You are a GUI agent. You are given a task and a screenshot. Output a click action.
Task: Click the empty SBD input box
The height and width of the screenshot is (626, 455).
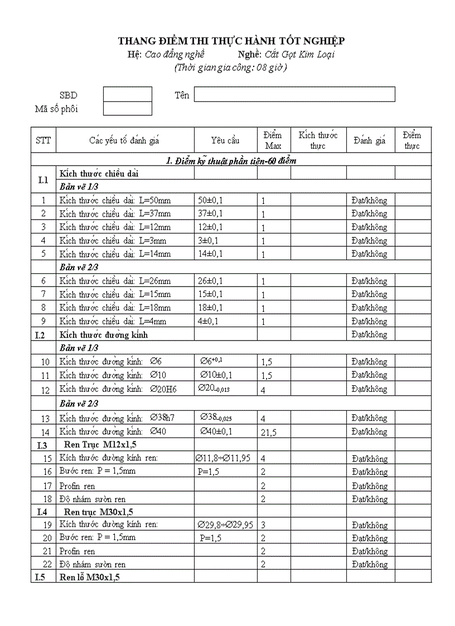coord(127,94)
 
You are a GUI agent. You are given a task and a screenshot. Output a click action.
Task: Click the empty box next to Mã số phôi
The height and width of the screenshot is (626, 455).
coord(127,109)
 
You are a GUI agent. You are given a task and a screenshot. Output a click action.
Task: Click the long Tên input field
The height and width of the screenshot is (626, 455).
coord(294,94)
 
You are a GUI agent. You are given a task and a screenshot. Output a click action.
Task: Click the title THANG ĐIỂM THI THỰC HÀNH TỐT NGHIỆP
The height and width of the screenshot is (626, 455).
coord(231,41)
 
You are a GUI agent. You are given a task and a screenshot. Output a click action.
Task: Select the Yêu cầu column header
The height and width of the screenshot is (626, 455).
coord(225,140)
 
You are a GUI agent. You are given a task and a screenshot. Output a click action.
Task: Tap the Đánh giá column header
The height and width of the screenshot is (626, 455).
coord(369,140)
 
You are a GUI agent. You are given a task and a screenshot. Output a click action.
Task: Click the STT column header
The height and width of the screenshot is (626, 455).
coord(43,140)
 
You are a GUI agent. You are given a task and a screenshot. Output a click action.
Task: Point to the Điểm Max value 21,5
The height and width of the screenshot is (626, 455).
coord(269,432)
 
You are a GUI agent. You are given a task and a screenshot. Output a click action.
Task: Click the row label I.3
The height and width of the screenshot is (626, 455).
coord(42,445)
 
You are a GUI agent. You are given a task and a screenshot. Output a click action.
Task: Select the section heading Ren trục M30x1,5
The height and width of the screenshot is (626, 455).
coord(99,511)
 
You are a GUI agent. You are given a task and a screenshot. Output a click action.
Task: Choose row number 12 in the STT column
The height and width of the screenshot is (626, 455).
coord(45,390)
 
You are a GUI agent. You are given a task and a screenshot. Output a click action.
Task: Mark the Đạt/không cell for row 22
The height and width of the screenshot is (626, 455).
coord(369,564)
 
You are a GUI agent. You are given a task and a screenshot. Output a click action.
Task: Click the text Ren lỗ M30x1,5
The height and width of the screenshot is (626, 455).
coord(90,578)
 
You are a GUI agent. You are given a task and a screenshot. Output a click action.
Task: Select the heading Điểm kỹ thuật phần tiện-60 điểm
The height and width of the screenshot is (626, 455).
coord(231,161)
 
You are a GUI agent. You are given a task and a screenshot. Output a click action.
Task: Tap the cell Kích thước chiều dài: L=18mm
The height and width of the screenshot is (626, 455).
coord(115,308)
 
